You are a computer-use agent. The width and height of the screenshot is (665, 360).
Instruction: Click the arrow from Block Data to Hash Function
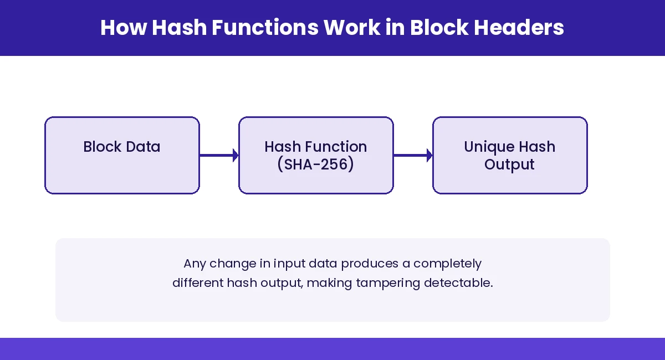coord(219,156)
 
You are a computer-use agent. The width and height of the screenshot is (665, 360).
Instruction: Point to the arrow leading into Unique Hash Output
coord(413,156)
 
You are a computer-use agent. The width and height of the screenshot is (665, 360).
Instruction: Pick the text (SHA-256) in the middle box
coord(316,164)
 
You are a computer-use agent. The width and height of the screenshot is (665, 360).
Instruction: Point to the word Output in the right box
coord(509,164)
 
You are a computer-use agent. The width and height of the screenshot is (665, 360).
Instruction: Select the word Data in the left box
coord(143,147)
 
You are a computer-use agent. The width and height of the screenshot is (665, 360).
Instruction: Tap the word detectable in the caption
coord(458,282)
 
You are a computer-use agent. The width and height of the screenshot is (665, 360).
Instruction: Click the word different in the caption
coord(197,282)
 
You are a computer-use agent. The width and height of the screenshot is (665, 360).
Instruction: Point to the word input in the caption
coord(273,264)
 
